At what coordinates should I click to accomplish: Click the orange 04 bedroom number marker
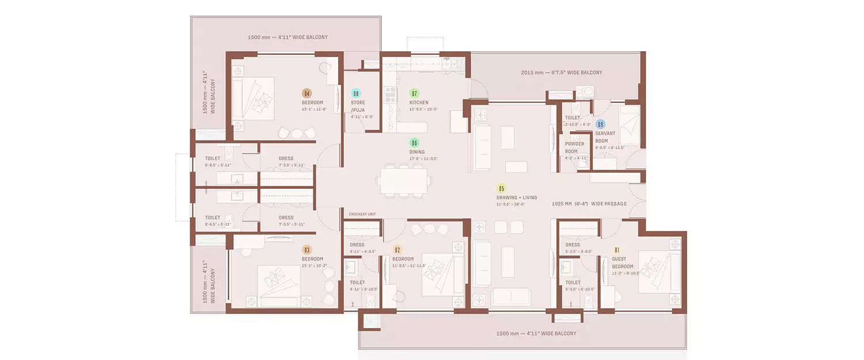click(x=306, y=93)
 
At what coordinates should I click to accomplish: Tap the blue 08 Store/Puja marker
click(x=356, y=93)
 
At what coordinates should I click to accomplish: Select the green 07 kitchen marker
click(x=414, y=93)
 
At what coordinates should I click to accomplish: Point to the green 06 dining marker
click(x=414, y=143)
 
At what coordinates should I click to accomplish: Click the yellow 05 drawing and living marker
click(x=501, y=188)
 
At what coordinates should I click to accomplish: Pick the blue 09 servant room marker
click(x=600, y=124)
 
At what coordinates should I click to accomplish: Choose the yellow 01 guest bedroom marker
click(x=617, y=250)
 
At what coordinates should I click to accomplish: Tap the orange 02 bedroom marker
click(x=397, y=250)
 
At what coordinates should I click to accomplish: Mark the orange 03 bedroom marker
click(x=306, y=250)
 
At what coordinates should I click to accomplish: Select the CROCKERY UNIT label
click(x=362, y=214)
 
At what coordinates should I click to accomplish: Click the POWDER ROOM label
click(x=574, y=147)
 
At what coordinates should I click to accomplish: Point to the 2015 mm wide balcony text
click(x=562, y=73)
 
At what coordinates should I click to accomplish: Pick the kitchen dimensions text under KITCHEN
click(x=423, y=109)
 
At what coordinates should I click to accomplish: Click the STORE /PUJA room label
click(x=358, y=106)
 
